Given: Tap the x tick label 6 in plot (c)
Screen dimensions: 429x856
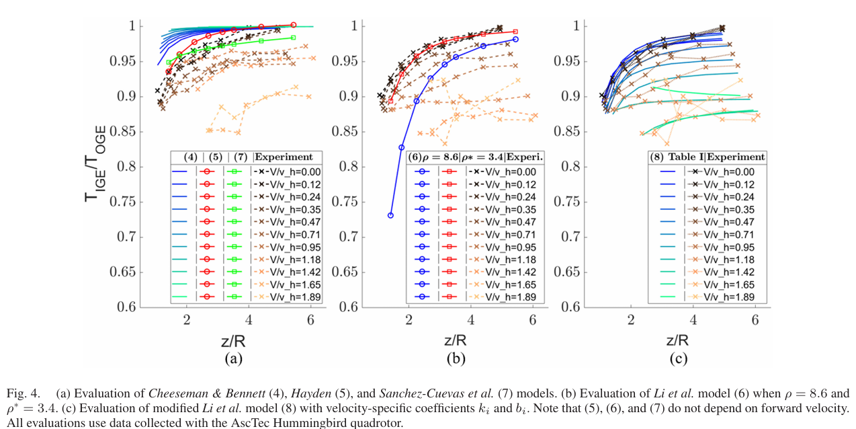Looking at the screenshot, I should (x=755, y=319).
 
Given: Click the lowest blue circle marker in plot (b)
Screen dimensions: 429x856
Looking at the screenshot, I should (x=390, y=215).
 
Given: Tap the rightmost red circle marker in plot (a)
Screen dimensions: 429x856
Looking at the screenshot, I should (x=293, y=25).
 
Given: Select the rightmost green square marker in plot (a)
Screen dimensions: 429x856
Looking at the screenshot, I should (x=293, y=38).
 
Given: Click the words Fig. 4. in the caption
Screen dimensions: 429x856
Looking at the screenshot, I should (x=22, y=391).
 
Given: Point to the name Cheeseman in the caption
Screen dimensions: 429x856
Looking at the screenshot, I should (x=174, y=391).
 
